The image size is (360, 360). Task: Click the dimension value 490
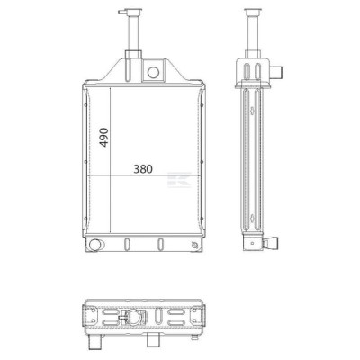(103, 137)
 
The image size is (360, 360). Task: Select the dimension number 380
(143, 169)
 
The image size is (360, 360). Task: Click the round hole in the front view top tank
(153, 72)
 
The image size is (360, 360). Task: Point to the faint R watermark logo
(179, 180)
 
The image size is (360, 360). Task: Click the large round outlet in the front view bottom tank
(95, 245)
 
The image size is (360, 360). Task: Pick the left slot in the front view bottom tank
(127, 244)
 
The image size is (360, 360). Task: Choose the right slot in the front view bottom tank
(161, 244)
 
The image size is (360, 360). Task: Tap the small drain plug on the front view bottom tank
(194, 246)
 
